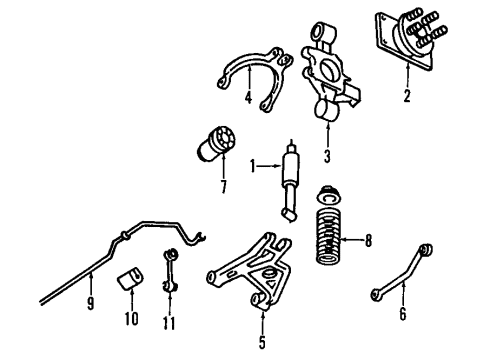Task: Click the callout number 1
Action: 254,165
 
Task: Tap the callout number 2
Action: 408,97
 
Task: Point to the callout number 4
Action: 247,98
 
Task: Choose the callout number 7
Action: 222,186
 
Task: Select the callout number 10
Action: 130,322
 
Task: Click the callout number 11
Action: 169,322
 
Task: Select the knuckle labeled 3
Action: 328,80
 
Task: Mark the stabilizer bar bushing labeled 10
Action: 130,281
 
